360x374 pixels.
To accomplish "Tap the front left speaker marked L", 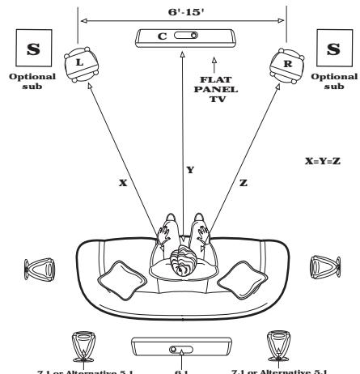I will [x=78, y=62].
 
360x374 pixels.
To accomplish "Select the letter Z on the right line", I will [x=242, y=184].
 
